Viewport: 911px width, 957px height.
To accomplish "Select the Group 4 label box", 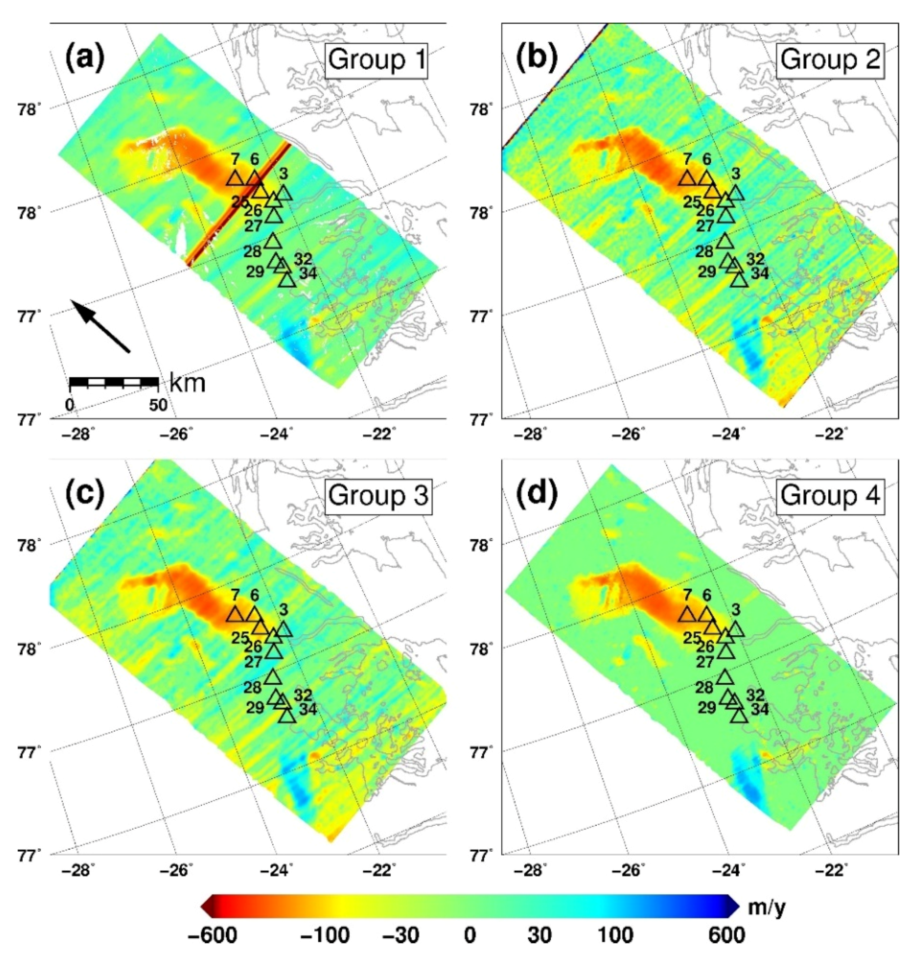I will tap(830, 496).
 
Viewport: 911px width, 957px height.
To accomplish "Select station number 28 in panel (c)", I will tap(252, 687).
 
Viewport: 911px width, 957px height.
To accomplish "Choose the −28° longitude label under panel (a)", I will tap(79, 434).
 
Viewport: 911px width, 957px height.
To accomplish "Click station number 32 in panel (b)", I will tap(755, 259).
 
